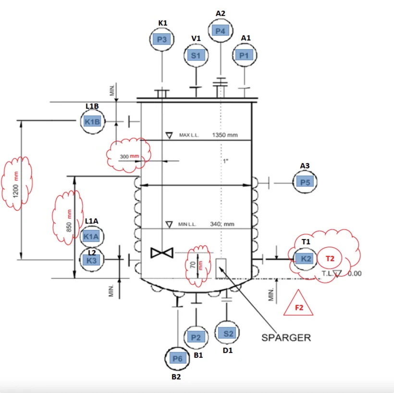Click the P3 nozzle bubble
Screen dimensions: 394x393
coord(162,39)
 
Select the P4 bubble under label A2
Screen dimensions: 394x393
coord(221,31)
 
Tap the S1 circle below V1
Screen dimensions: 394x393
coord(196,55)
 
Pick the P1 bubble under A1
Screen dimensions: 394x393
coord(244,55)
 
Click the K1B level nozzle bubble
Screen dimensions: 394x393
coord(92,122)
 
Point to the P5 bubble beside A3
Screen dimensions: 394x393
coord(305,182)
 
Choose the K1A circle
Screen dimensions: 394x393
coord(92,237)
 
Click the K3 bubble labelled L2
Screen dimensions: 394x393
coord(92,260)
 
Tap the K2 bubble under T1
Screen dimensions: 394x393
coord(305,258)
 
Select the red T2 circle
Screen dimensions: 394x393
coord(330,258)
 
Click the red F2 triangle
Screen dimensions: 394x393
coord(298,304)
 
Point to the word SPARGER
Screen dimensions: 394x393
coord(286,338)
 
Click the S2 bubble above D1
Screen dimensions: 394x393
coord(227,333)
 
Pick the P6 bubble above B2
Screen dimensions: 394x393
coord(177,358)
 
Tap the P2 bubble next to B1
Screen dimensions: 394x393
coord(196,337)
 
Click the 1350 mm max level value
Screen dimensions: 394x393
coord(225,135)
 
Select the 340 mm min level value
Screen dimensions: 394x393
coord(222,224)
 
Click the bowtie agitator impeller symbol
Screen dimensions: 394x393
coord(162,253)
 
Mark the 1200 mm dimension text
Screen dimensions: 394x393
coord(16,184)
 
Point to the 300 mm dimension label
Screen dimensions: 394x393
coord(129,156)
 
